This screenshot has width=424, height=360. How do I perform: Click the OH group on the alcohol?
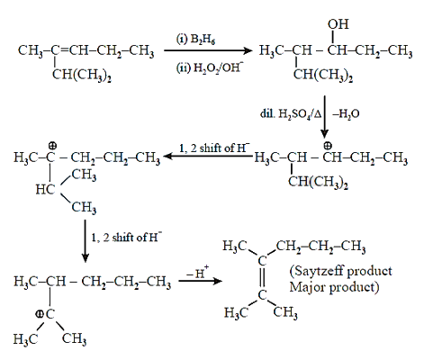click(338, 24)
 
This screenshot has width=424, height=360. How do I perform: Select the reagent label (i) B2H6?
click(195, 39)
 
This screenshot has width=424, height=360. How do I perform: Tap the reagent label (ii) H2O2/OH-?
click(209, 67)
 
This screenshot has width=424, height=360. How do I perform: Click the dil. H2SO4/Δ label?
click(291, 114)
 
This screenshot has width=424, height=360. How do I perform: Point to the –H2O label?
click(346, 114)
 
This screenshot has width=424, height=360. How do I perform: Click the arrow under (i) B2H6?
click(208, 50)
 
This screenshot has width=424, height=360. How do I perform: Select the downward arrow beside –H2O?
click(324, 117)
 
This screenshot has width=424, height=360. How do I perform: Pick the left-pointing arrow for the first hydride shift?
click(208, 156)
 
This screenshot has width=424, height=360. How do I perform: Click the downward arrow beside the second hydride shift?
click(86, 241)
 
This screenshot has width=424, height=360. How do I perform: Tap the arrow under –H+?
click(200, 281)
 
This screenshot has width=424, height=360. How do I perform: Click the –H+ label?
click(198, 272)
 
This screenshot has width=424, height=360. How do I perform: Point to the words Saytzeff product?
click(341, 271)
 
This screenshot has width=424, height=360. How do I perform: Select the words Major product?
click(334, 287)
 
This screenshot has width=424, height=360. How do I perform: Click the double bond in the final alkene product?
click(262, 278)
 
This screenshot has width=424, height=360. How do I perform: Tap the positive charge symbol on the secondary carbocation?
click(328, 146)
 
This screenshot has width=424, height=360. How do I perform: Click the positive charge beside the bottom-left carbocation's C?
click(39, 314)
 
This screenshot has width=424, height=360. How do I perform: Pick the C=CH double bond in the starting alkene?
click(64, 50)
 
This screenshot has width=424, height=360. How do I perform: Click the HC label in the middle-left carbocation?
click(45, 189)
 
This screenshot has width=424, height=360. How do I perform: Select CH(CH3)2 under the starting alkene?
click(82, 75)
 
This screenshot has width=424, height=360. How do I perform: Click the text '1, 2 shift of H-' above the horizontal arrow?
click(214, 148)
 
